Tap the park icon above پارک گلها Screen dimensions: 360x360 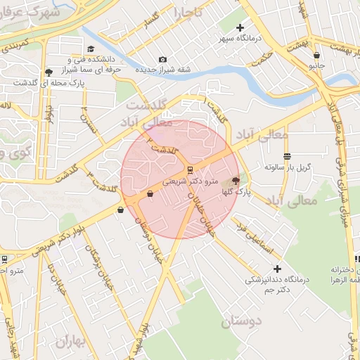pyautogui.click(x=235, y=181)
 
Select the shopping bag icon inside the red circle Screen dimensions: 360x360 pyautogui.click(x=150, y=194)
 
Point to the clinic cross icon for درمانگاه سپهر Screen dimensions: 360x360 pyautogui.click(x=240, y=27)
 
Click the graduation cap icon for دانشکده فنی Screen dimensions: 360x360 pyautogui.click(x=91, y=49)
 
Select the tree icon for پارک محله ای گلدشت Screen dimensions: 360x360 pyautogui.click(x=48, y=72)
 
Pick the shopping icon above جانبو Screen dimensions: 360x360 pyautogui.click(x=317, y=55)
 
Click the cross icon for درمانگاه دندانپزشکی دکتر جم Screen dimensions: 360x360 pyautogui.click(x=277, y=269)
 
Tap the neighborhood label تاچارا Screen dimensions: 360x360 pyautogui.click(x=188, y=13)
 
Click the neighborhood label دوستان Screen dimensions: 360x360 pyautogui.click(x=241, y=323)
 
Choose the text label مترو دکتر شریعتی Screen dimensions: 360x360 pyautogui.click(x=186, y=181)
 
